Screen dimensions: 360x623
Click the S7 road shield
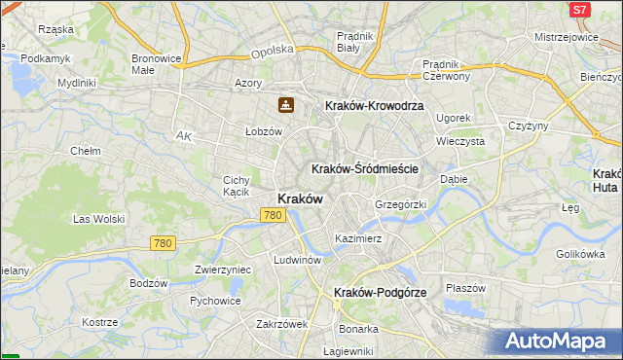point(579,10)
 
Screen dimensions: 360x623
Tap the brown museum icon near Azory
point(286,104)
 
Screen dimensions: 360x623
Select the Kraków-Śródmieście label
point(365,168)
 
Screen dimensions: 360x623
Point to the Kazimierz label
point(358,237)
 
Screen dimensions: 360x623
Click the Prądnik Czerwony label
point(447,70)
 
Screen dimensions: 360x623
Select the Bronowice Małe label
point(158,64)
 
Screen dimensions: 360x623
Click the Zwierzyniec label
point(223,270)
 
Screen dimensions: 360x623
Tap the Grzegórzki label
point(401,205)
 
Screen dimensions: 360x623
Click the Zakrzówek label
point(282,324)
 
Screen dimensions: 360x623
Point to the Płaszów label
point(465,288)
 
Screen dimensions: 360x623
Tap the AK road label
point(184,137)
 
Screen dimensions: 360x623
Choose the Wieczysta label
point(460,141)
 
